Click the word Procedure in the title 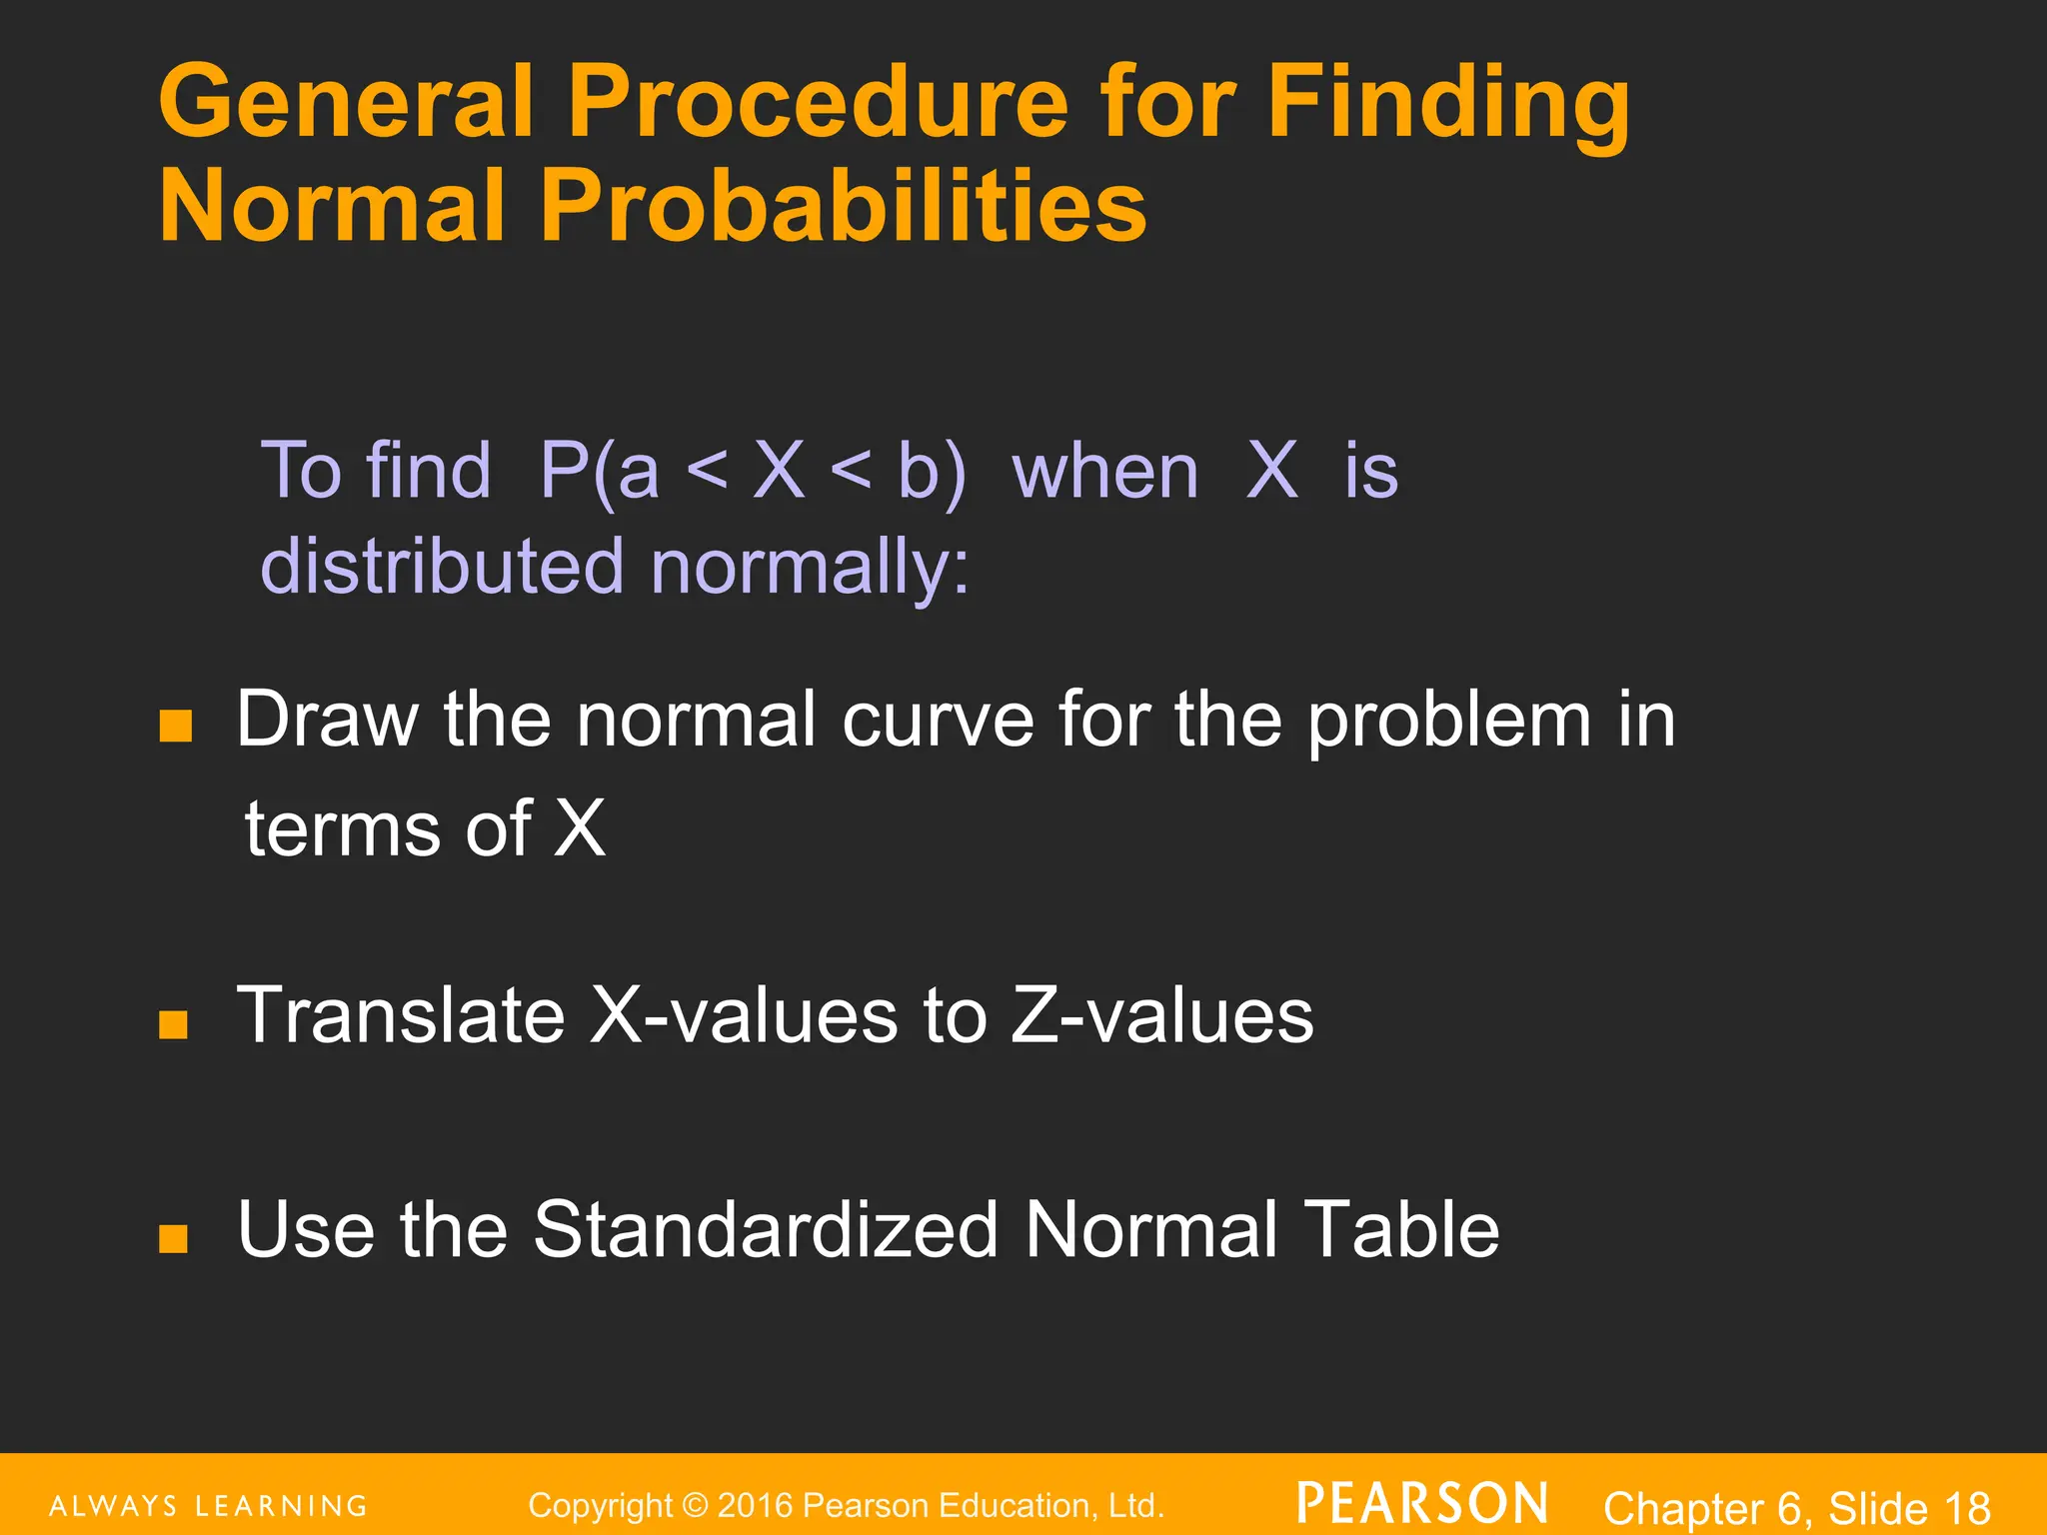(x=818, y=102)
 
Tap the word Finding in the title (x=1448, y=102)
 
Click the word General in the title (x=346, y=102)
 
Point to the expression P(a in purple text (x=599, y=471)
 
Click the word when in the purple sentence (x=1104, y=471)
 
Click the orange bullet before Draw (x=175, y=726)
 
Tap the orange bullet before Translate (x=173, y=1024)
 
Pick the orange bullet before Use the (x=173, y=1238)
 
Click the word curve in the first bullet (x=937, y=720)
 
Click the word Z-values (x=1161, y=1015)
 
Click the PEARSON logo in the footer (x=1422, y=1503)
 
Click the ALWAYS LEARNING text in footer (x=208, y=1506)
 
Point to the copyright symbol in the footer (x=695, y=1505)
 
